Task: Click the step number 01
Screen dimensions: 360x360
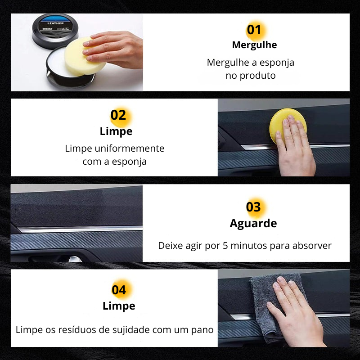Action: [x=254, y=30]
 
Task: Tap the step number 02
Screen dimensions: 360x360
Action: [x=118, y=115]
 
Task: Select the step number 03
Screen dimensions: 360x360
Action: [x=253, y=207]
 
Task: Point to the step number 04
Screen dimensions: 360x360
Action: [x=119, y=290]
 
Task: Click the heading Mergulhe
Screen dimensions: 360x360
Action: [x=254, y=45]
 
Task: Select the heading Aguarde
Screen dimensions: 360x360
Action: [x=253, y=224]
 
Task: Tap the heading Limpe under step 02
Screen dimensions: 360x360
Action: [x=116, y=131]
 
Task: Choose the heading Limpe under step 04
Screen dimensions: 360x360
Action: [x=119, y=306]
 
